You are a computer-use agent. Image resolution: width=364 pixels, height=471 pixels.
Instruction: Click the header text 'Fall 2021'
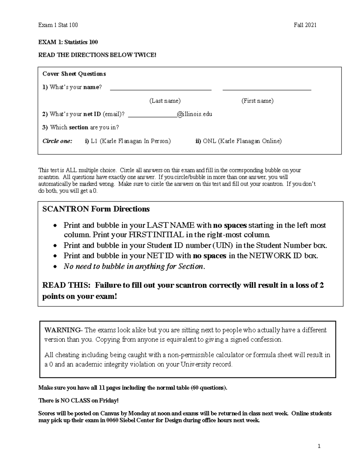pyautogui.click(x=305, y=25)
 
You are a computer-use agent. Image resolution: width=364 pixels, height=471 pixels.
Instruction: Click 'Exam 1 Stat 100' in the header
pyautogui.click(x=58, y=25)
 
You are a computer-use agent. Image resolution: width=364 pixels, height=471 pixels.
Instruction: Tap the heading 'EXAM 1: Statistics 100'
pyautogui.click(x=68, y=42)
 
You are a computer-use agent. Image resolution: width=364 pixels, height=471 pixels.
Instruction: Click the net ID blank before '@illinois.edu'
pyautogui.click(x=152, y=116)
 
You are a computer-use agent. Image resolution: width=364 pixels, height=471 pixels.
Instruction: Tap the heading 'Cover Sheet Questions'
pyautogui.click(x=74, y=74)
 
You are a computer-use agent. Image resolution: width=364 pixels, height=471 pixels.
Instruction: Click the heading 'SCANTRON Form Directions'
pyautogui.click(x=96, y=209)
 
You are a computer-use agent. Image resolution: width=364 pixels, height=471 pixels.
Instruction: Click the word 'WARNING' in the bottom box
pyautogui.click(x=62, y=330)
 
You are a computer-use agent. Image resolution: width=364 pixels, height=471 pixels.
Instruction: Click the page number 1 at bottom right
pyautogui.click(x=319, y=446)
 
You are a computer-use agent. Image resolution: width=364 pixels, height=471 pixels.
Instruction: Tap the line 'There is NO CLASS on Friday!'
pyautogui.click(x=78, y=401)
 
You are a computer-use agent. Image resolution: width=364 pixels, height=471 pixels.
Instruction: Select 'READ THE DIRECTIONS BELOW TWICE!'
pyautogui.click(x=97, y=55)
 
